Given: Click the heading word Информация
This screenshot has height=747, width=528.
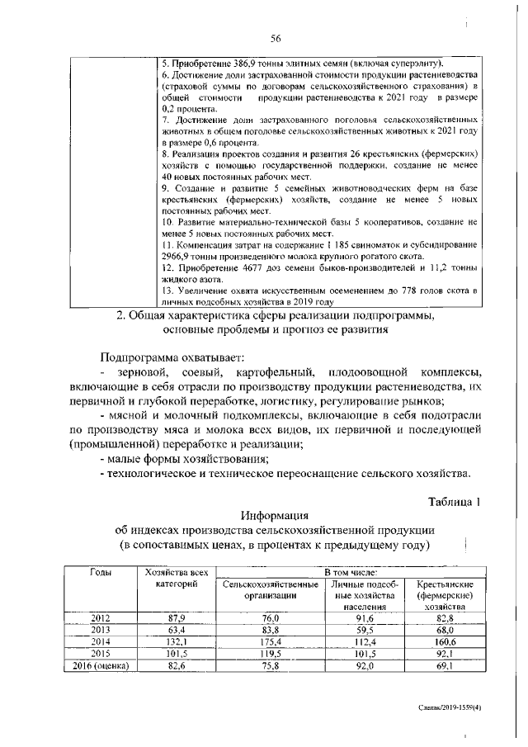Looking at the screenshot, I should [276, 516].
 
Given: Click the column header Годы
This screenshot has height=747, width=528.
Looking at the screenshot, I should [101, 572].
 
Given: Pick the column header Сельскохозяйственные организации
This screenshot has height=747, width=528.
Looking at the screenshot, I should [271, 589].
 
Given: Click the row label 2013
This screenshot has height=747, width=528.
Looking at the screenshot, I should [101, 629].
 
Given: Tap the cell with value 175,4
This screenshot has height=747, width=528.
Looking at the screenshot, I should [271, 641].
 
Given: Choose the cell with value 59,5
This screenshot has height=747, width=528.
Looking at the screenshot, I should [365, 629].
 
